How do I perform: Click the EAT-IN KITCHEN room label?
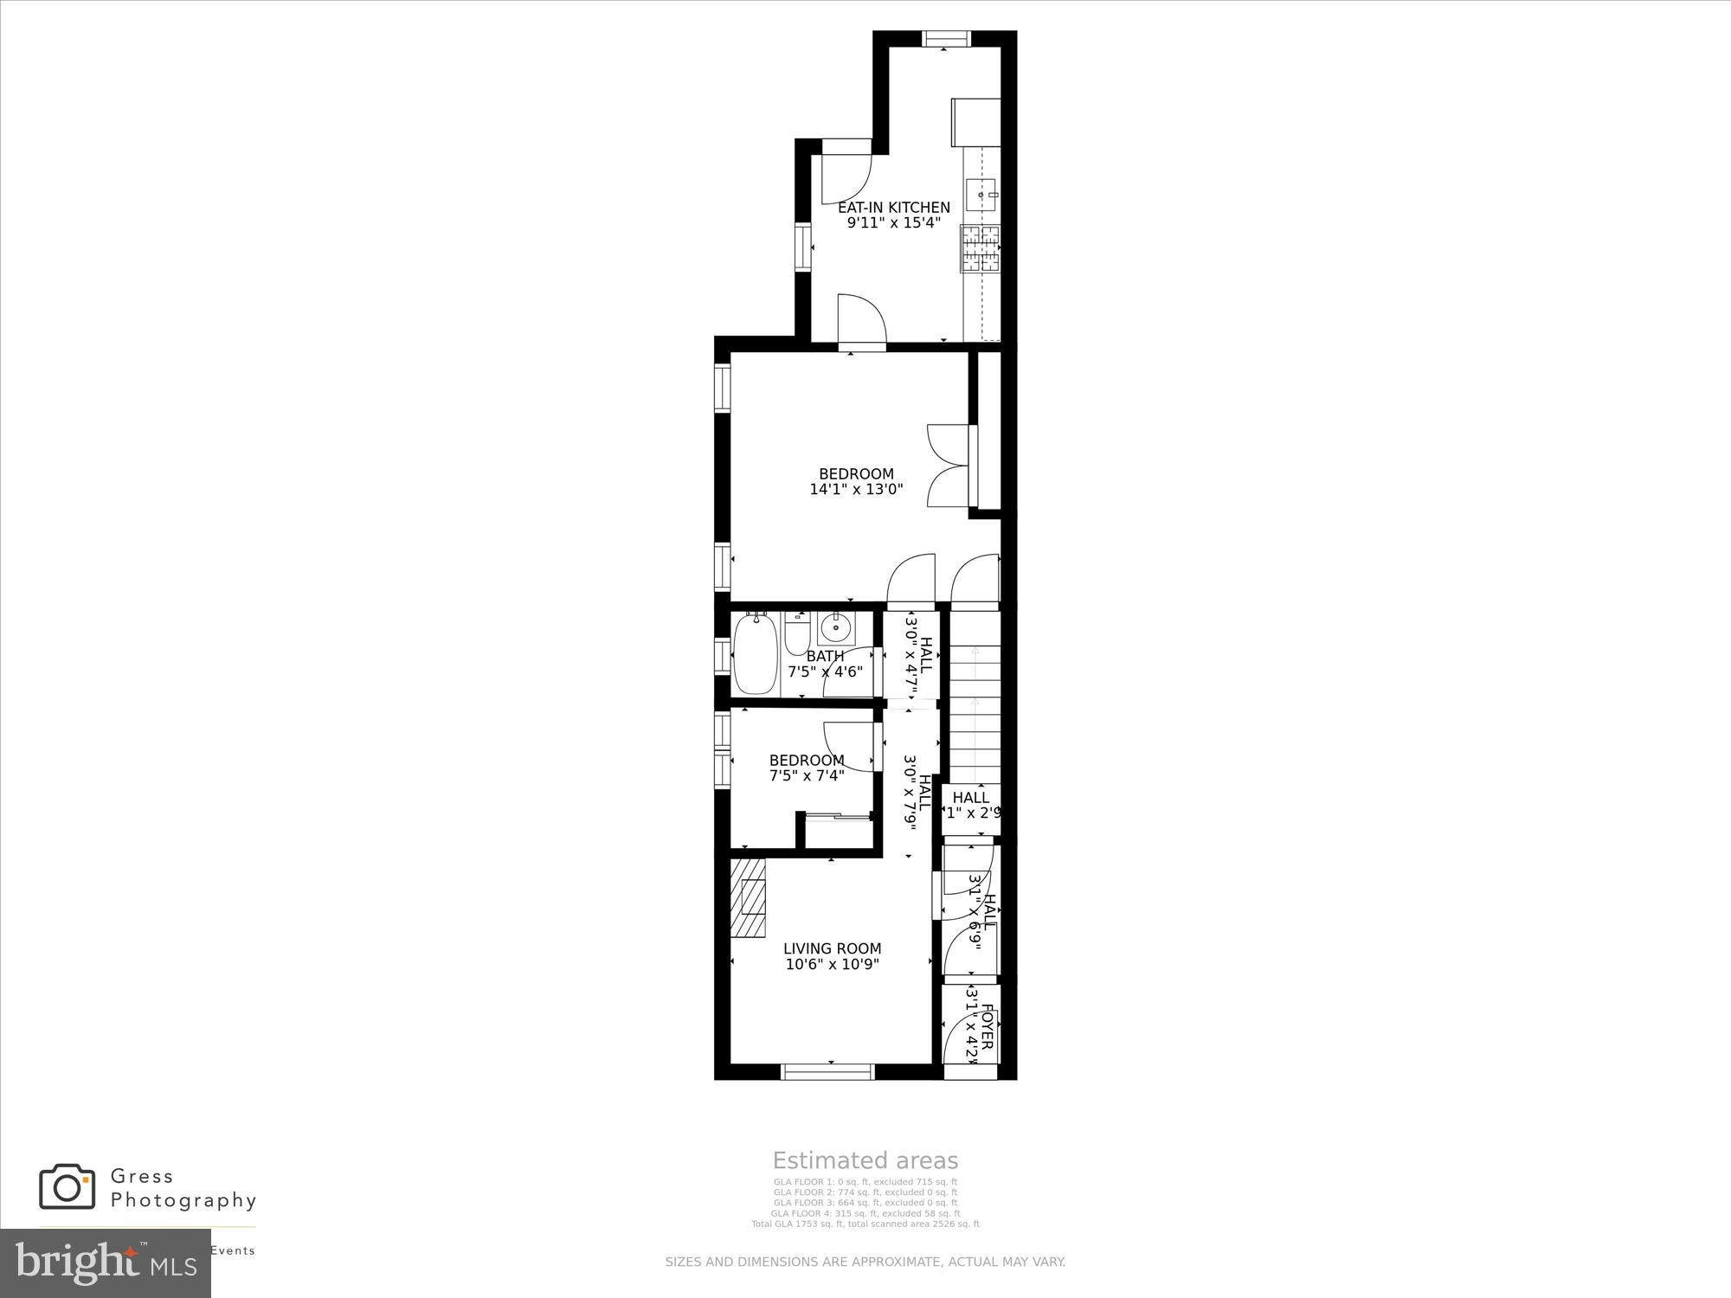[893, 208]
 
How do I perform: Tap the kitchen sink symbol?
[981, 195]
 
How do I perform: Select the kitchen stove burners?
[980, 247]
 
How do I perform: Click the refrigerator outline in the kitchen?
[976, 122]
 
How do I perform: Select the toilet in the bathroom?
[796, 635]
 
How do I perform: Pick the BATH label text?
[825, 657]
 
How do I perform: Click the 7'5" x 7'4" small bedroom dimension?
[807, 776]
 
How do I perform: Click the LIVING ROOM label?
[832, 949]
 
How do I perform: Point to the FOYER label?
[986, 1025]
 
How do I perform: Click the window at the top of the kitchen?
[946, 38]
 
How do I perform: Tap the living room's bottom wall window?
[827, 1072]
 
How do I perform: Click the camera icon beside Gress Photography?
[67, 1186]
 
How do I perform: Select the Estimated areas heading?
[865, 1161]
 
